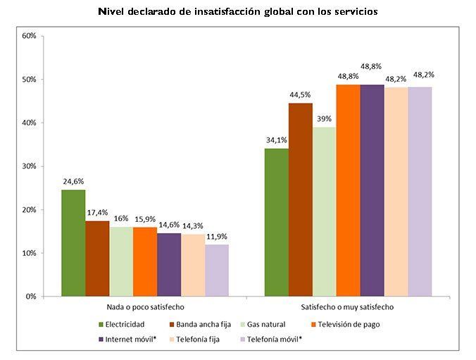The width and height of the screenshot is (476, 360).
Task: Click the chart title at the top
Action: point(239,12)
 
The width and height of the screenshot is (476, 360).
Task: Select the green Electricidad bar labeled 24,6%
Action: point(73,243)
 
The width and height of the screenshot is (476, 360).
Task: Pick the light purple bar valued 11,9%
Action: point(217,271)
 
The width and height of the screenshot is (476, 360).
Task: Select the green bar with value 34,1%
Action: point(277,223)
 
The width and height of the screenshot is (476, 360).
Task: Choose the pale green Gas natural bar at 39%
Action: point(325,211)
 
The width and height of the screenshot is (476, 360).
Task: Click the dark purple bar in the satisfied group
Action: point(372,190)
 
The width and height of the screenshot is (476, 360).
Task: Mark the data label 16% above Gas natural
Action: point(121,218)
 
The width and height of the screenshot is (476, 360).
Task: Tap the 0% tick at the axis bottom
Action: point(30,297)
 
